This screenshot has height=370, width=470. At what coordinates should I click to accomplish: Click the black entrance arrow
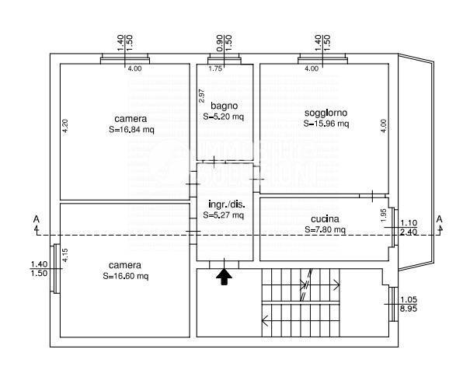225,277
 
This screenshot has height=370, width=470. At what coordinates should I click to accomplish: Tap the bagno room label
225,106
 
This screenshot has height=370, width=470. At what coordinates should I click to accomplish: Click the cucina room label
326,219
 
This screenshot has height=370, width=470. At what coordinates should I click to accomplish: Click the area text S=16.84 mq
131,130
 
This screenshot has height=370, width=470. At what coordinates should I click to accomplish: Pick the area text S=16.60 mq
126,276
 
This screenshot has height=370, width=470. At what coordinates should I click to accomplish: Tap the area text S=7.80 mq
326,229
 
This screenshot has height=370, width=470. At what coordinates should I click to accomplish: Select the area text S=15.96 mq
326,124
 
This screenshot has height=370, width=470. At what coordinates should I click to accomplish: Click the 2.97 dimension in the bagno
202,96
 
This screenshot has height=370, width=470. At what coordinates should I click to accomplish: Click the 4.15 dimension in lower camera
65,255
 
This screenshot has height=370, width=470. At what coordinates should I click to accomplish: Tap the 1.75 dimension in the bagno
215,68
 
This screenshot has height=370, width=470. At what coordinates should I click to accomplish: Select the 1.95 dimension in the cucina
384,215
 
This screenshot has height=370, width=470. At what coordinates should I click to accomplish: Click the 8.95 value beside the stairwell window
409,309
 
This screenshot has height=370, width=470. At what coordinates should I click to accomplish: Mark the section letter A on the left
37,219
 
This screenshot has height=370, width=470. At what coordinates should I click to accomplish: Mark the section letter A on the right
440,219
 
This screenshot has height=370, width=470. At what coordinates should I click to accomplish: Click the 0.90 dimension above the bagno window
219,43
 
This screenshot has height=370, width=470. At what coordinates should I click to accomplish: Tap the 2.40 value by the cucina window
409,232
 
